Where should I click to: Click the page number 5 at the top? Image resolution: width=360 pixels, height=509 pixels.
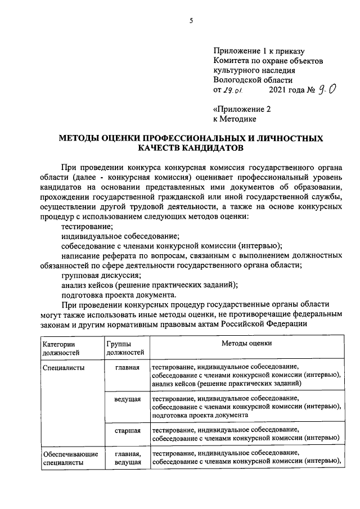[190, 21]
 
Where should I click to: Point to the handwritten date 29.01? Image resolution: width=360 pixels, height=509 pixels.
[232, 91]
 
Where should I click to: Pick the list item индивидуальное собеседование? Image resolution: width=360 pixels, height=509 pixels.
[120, 236]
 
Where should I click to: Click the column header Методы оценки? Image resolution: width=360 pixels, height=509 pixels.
[246, 343]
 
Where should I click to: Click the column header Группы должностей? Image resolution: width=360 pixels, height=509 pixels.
[125, 348]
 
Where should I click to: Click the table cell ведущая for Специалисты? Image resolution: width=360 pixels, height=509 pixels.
[127, 399]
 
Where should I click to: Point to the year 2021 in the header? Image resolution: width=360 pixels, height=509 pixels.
[280, 90]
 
